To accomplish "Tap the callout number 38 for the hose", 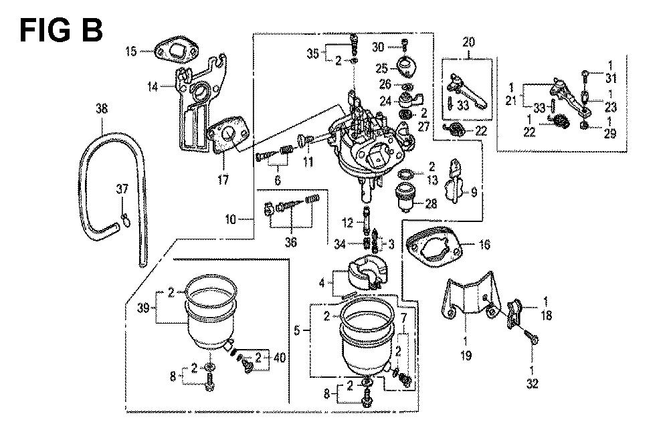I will coord(101,108).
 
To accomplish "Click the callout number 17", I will coord(221,180).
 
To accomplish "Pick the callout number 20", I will coord(468,41).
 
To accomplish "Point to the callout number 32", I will coord(533,384).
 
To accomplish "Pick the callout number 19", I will coord(466,355).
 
